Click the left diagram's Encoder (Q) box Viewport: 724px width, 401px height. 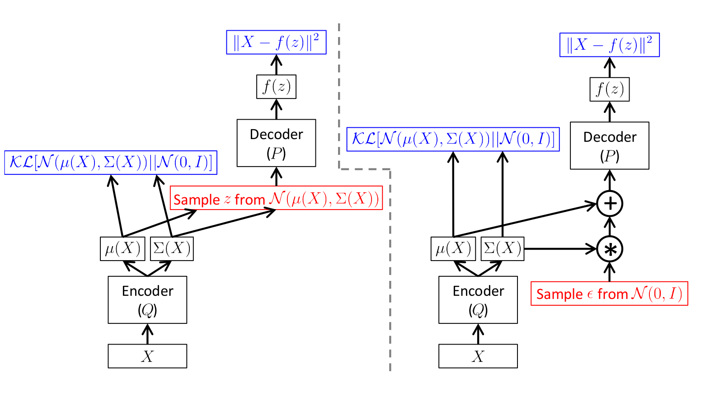(x=147, y=300)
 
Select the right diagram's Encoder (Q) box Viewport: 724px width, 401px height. (x=478, y=300)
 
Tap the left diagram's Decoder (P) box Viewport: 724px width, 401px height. (x=276, y=143)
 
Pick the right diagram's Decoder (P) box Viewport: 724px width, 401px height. (x=610, y=146)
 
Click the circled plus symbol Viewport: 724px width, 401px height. (x=610, y=204)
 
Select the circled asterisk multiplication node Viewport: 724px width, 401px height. (x=610, y=249)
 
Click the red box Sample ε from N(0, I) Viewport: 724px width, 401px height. (x=609, y=294)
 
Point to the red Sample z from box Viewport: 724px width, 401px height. (x=276, y=198)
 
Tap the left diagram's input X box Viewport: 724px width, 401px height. (x=147, y=356)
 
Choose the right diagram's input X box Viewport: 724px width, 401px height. (x=478, y=356)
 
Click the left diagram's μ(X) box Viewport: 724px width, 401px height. (x=122, y=249)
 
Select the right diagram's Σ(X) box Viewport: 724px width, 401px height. (x=502, y=249)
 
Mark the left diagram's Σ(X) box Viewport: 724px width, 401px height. (x=172, y=249)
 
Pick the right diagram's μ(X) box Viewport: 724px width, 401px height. (x=453, y=249)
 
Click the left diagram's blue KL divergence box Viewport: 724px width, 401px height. (x=111, y=163)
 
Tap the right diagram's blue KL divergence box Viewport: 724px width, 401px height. (x=453, y=139)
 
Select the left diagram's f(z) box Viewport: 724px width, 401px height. (x=276, y=87)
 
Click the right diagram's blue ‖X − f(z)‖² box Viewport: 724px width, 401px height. (x=609, y=45)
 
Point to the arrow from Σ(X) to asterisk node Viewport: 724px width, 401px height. (x=560, y=249)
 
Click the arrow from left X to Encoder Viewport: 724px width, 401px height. (x=147, y=335)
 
